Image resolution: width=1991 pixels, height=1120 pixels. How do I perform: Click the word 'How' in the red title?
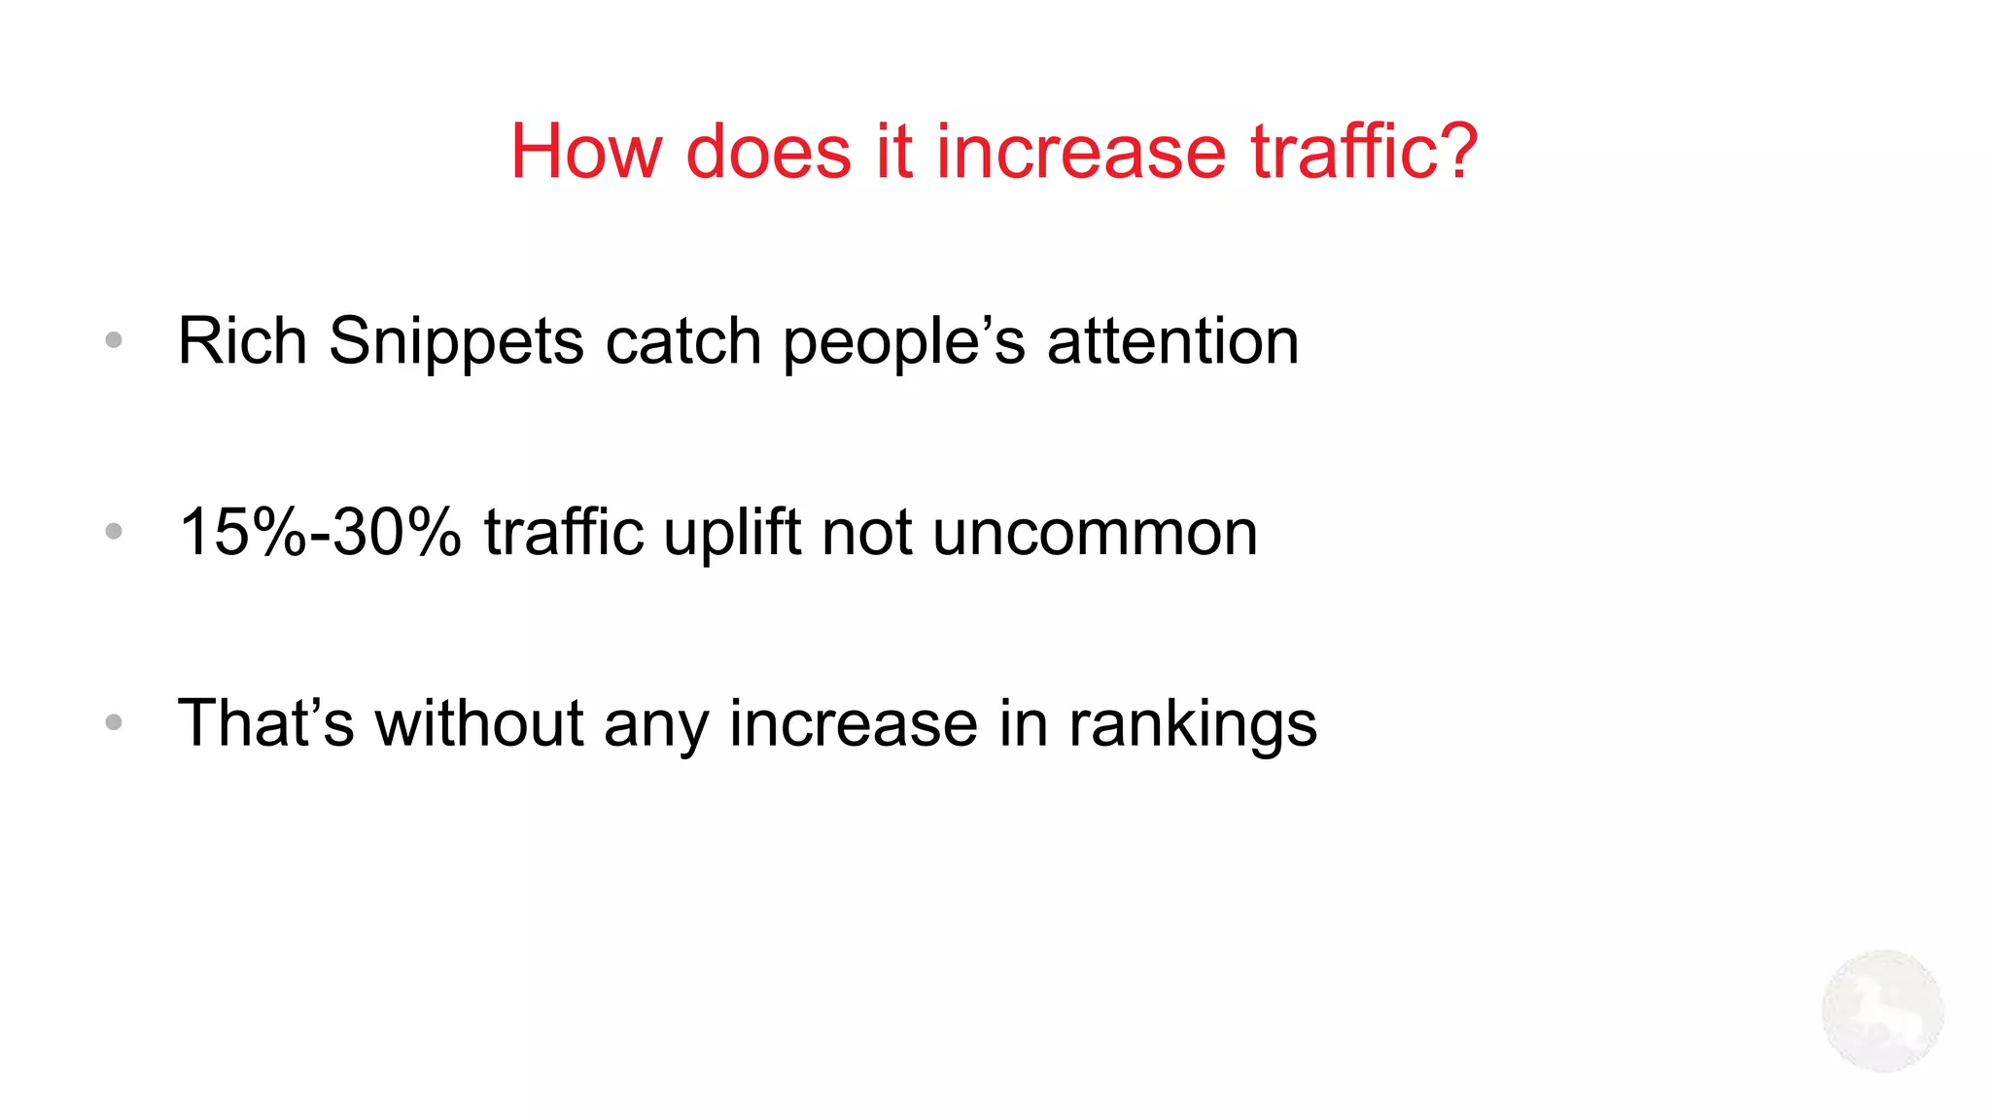point(585,152)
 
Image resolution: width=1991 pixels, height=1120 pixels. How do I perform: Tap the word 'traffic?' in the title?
point(1364,152)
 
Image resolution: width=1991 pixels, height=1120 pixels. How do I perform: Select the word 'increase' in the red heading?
point(1080,152)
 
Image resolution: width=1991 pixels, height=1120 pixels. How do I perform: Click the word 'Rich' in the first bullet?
point(242,341)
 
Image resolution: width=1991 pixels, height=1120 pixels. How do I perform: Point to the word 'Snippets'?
point(456,343)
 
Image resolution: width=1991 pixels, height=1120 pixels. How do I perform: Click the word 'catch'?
point(682,341)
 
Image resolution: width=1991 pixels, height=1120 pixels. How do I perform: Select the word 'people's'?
point(904,343)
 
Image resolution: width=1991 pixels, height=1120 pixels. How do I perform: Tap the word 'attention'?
point(1172,341)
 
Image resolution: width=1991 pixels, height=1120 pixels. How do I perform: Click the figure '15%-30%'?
point(320,532)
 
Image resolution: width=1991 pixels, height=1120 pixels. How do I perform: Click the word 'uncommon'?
point(1095,533)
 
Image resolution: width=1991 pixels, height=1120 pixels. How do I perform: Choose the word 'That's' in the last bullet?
point(265,723)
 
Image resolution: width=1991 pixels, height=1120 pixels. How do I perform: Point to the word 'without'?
point(479,723)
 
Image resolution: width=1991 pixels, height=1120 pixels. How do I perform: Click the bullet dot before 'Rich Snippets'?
point(114,340)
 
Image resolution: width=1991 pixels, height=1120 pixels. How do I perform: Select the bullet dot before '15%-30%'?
point(114,531)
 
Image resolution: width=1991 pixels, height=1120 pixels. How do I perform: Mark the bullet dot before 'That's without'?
point(114,722)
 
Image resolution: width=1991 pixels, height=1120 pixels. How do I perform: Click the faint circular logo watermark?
point(1882,1011)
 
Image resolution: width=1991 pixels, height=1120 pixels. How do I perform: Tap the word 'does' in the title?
point(768,152)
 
